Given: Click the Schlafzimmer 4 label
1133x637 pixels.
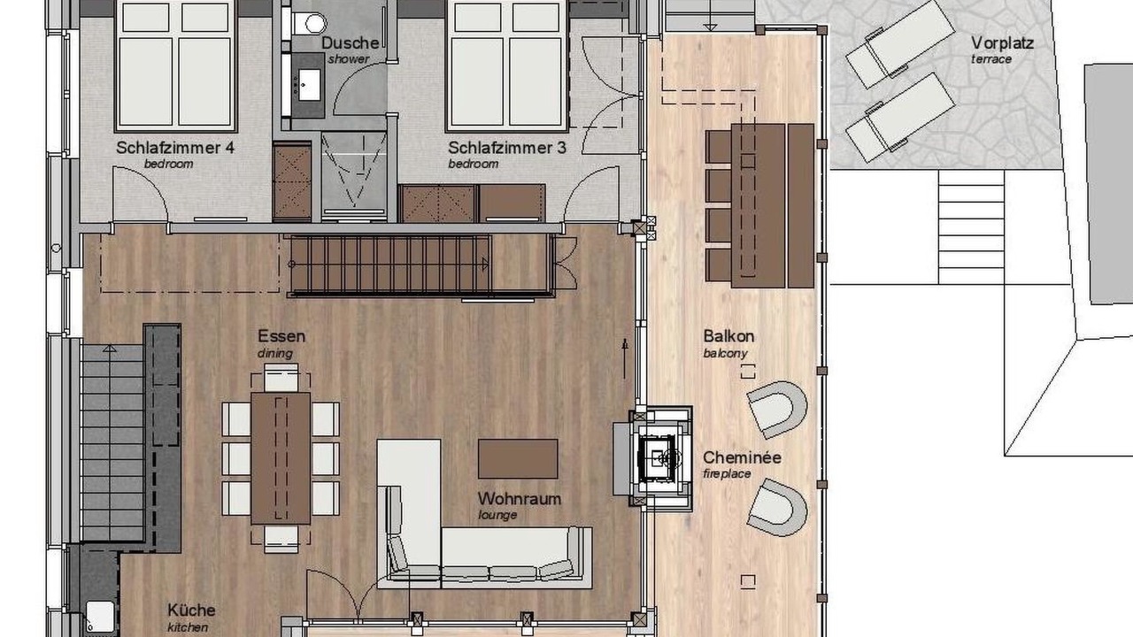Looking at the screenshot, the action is click(x=175, y=148).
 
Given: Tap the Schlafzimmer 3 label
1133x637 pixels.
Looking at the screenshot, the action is click(x=507, y=148).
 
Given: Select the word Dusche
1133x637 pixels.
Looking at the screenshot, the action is click(x=350, y=43).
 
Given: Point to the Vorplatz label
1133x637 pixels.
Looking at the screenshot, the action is click(x=1002, y=43).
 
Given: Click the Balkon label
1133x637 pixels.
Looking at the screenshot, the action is click(x=728, y=336).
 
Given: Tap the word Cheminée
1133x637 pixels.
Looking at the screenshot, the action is click(x=742, y=457).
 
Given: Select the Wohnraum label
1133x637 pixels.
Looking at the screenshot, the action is click(x=520, y=499).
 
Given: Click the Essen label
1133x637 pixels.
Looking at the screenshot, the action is click(x=281, y=336).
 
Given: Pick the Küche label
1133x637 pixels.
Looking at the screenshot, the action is click(x=191, y=610).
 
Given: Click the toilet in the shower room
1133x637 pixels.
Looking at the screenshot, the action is click(x=310, y=24).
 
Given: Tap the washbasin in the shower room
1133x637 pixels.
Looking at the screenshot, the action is click(x=309, y=85).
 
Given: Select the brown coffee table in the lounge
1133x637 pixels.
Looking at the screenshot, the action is click(x=518, y=458).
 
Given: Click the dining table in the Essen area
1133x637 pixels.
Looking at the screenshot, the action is click(x=281, y=458).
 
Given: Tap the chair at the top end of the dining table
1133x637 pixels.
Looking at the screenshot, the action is click(x=281, y=378).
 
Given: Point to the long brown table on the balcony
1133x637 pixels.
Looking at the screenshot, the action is click(x=759, y=206).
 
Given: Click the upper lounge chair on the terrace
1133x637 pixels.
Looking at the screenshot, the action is click(x=900, y=44).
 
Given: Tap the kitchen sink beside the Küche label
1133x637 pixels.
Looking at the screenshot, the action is click(x=100, y=617).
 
